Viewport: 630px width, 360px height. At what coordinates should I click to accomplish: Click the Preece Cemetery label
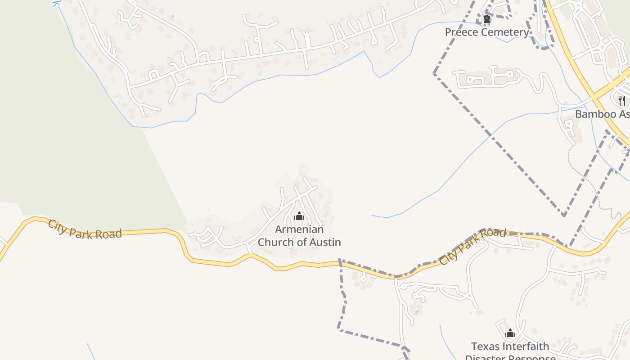point(487,32)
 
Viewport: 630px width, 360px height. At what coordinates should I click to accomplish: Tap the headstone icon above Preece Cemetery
point(486,19)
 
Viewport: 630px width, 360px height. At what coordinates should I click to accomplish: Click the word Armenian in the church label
point(299,229)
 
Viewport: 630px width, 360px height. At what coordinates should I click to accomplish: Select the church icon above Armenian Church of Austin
point(299,216)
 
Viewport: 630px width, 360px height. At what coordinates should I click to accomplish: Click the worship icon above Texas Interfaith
point(510,333)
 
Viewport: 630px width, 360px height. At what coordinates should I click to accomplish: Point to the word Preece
point(461,32)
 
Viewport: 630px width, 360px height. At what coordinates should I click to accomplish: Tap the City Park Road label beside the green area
point(85,229)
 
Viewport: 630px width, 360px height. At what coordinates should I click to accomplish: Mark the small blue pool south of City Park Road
point(417,311)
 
